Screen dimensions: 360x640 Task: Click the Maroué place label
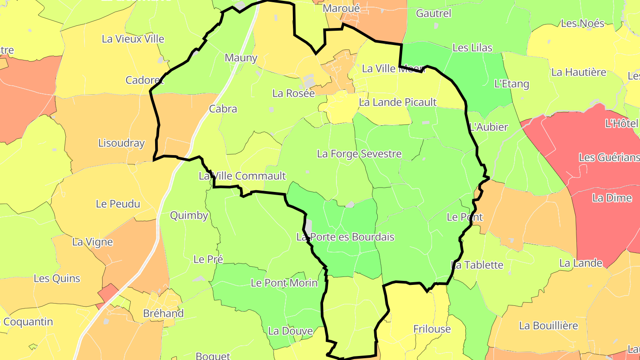point(341,8)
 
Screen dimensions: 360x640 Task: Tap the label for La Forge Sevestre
point(359,154)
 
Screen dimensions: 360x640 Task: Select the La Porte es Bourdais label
point(345,237)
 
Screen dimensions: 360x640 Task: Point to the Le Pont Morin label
point(284,283)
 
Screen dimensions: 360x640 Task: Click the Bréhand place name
point(163,313)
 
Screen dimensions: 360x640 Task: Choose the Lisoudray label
point(121,143)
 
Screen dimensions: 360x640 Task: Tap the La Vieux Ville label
point(133,39)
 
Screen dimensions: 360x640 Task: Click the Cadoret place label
point(144,80)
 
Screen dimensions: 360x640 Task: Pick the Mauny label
point(241,58)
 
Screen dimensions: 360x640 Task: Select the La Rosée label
point(293,93)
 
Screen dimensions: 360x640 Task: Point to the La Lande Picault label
point(398,102)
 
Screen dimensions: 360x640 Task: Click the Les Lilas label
point(472,48)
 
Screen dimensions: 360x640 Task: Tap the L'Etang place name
point(512,84)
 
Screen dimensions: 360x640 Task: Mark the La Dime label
point(612,198)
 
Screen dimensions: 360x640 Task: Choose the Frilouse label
point(432,329)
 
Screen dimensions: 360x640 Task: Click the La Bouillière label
point(548,326)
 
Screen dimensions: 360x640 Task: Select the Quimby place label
point(189,216)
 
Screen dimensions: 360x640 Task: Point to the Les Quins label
point(57,279)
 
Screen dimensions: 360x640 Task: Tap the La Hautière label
point(579,72)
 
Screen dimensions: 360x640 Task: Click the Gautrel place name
point(433,13)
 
